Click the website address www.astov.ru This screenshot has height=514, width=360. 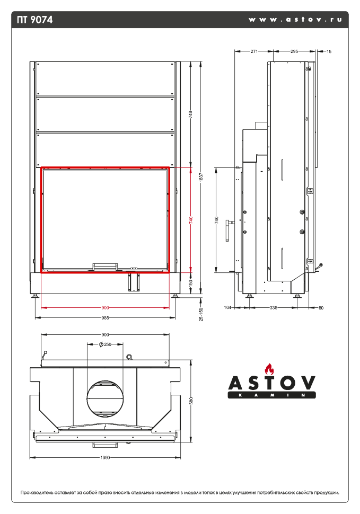(295, 20)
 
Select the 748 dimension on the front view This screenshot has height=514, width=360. (190, 114)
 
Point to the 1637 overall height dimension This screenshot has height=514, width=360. (200, 179)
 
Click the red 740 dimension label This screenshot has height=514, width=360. (190, 220)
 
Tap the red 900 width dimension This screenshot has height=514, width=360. (105, 307)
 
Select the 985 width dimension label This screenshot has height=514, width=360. (105, 318)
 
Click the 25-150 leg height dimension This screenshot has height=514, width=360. (200, 314)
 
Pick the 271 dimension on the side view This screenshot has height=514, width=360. (254, 51)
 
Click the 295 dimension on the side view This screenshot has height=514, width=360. (294, 51)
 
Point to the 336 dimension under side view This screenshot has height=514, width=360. (274, 307)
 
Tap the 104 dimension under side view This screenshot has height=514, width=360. (228, 307)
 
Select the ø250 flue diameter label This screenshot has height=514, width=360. (105, 344)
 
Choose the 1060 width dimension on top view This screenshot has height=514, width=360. (105, 458)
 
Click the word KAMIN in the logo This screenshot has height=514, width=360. (271, 395)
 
